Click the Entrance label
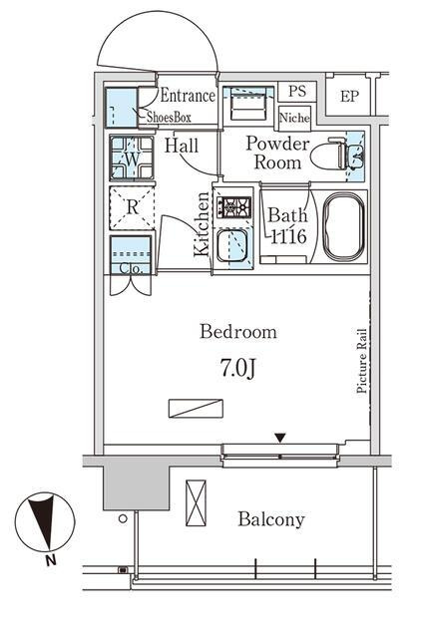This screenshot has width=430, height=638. tap(188, 96)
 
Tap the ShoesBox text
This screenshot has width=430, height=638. tap(169, 118)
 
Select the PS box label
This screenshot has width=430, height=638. tap(297, 91)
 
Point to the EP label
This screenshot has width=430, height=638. tap(349, 96)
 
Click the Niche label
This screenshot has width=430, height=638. tap(294, 118)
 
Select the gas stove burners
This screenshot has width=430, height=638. tap(233, 206)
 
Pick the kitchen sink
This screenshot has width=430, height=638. tap(231, 246)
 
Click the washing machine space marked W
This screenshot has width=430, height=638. tap(132, 158)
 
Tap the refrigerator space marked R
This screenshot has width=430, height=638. tap(132, 207)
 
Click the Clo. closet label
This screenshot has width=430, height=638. tap(131, 269)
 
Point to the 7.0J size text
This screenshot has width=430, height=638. tap(237, 368)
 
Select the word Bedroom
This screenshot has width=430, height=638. tap(238, 332)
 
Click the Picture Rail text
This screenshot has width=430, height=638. tap(361, 361)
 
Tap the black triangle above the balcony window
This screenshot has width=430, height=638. tap(279, 438)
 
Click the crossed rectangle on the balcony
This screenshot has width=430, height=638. tap(196, 502)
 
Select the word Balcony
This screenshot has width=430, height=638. tap(271, 519)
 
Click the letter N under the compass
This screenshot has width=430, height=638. tap(51, 560)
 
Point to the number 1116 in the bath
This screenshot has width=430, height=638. tap(288, 236)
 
